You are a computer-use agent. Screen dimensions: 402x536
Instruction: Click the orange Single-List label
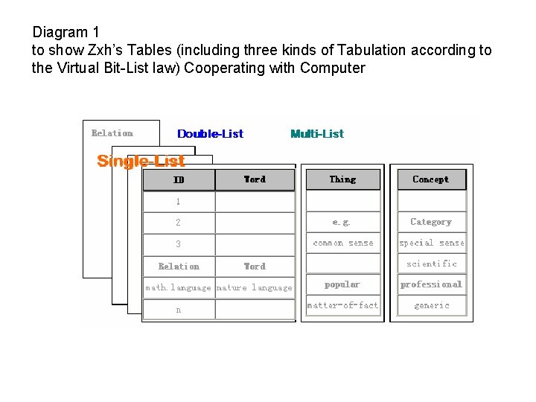pyautogui.click(x=141, y=162)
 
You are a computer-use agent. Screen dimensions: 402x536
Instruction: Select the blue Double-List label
pyautogui.click(x=210, y=134)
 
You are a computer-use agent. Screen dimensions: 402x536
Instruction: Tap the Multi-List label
pyautogui.click(x=317, y=134)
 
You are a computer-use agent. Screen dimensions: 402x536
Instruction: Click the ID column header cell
pyautogui.click(x=179, y=179)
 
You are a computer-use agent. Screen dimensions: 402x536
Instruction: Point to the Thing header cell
pyautogui.click(x=342, y=179)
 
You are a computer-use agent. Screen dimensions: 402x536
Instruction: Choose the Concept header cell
pyautogui.click(x=430, y=179)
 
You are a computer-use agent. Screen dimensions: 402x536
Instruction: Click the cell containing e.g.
pyautogui.click(x=342, y=222)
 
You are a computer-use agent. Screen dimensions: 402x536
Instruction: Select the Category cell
pyautogui.click(x=431, y=222)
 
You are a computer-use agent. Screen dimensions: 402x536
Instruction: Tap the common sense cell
pyautogui.click(x=343, y=243)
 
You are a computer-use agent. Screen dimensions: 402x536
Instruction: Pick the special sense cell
pyautogui.click(x=431, y=243)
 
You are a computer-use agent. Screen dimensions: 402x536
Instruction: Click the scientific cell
pyautogui.click(x=432, y=264)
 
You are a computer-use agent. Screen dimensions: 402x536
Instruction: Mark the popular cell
pyautogui.click(x=342, y=284)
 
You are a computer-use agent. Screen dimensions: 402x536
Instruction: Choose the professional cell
pyautogui.click(x=431, y=284)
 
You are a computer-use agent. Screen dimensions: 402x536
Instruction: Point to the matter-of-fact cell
pyautogui.click(x=343, y=305)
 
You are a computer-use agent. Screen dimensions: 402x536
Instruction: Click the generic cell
pyautogui.click(x=432, y=305)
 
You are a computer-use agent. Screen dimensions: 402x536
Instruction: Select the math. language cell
pyautogui.click(x=179, y=287)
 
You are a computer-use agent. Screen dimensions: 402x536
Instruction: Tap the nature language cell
pyautogui.click(x=255, y=287)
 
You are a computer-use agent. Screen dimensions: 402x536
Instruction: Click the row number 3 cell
pyautogui.click(x=179, y=244)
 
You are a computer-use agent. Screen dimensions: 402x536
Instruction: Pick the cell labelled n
pyautogui.click(x=179, y=310)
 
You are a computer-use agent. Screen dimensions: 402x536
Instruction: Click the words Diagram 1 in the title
pyautogui.click(x=66, y=33)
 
